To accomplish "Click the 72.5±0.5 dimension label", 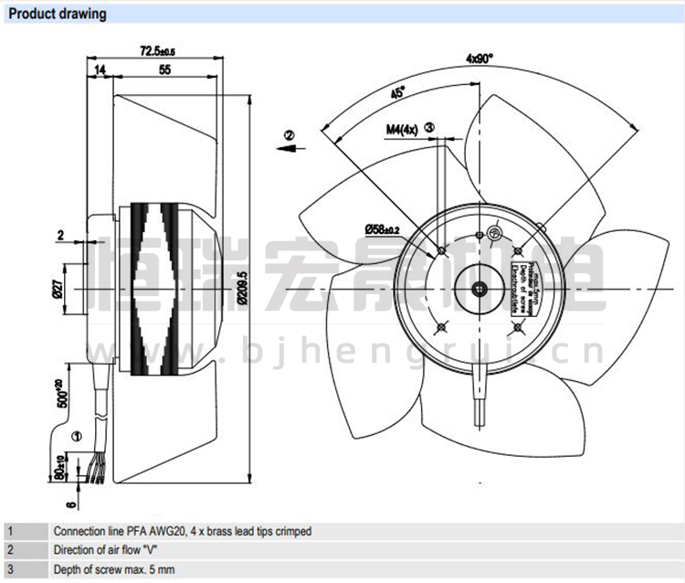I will (157, 51).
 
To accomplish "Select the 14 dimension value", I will (100, 69).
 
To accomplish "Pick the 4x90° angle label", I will (479, 58).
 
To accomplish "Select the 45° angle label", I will (398, 93).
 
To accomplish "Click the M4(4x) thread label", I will (402, 130).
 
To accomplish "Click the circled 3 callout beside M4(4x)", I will (429, 129).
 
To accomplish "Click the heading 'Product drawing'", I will (57, 14).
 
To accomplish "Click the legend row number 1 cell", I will (10, 531).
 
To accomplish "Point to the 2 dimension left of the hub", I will (61, 236).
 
